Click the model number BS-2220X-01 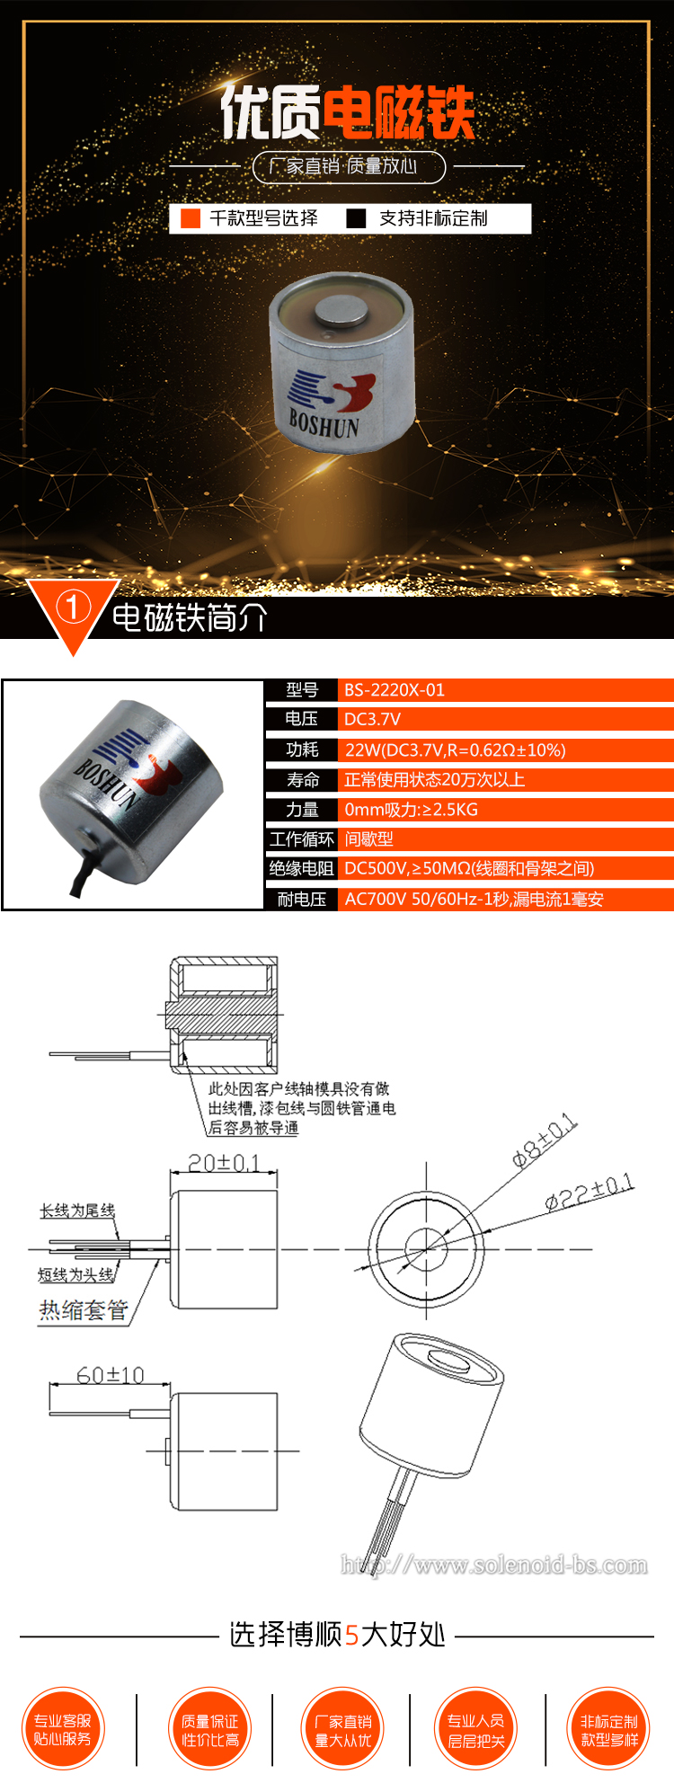pyautogui.click(x=394, y=690)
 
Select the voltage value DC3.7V pyautogui.click(x=372, y=719)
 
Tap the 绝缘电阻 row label pyautogui.click(x=301, y=868)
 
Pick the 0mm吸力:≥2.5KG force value pyautogui.click(x=411, y=810)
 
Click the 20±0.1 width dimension pyautogui.click(x=224, y=1163)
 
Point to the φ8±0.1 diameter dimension pyautogui.click(x=545, y=1140)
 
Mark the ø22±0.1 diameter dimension pyautogui.click(x=590, y=1192)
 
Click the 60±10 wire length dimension pyautogui.click(x=110, y=1375)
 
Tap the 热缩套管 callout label pyautogui.click(x=83, y=1310)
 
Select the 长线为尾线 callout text pyautogui.click(x=77, y=1211)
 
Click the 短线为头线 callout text pyautogui.click(x=76, y=1274)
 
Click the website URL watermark pyautogui.click(x=494, y=1565)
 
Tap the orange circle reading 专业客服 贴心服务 pyautogui.click(x=63, y=1729)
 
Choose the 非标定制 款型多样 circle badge pyautogui.click(x=608, y=1729)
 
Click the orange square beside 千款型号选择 pyautogui.click(x=190, y=218)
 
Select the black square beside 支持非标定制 pyautogui.click(x=356, y=218)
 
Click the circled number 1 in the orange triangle pyautogui.click(x=73, y=608)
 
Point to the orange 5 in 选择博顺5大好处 pyautogui.click(x=352, y=1635)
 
